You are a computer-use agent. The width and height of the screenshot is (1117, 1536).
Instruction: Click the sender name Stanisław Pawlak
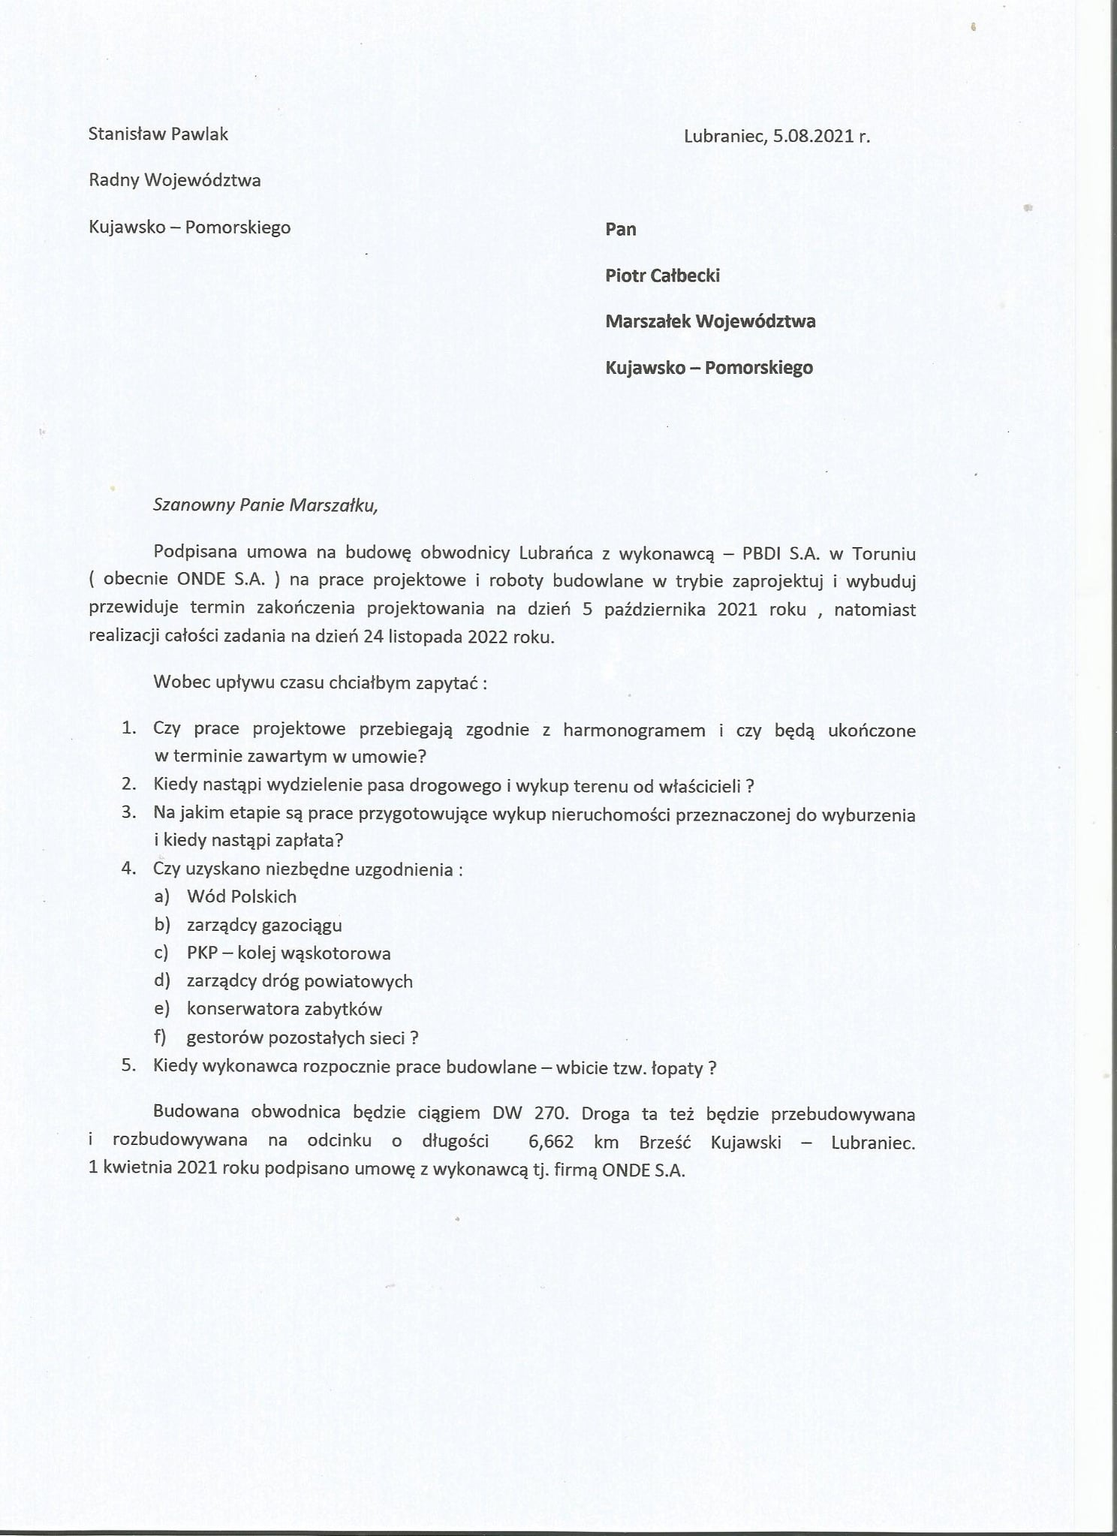[158, 134]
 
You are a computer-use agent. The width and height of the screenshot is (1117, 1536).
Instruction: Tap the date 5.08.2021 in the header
[814, 136]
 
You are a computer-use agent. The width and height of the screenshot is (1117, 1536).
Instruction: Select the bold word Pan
[621, 229]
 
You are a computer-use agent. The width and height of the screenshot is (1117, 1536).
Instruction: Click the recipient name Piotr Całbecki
[662, 276]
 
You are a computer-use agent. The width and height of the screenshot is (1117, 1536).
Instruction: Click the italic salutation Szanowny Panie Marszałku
[265, 505]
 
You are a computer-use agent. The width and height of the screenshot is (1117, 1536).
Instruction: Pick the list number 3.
[129, 812]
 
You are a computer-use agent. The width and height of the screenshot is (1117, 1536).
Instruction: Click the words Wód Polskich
[242, 896]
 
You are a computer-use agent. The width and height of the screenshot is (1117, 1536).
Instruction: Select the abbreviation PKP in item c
[202, 953]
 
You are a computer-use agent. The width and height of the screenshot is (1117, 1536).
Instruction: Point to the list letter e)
[162, 1009]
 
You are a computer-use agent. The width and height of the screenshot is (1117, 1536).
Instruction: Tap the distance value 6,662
[551, 1141]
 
